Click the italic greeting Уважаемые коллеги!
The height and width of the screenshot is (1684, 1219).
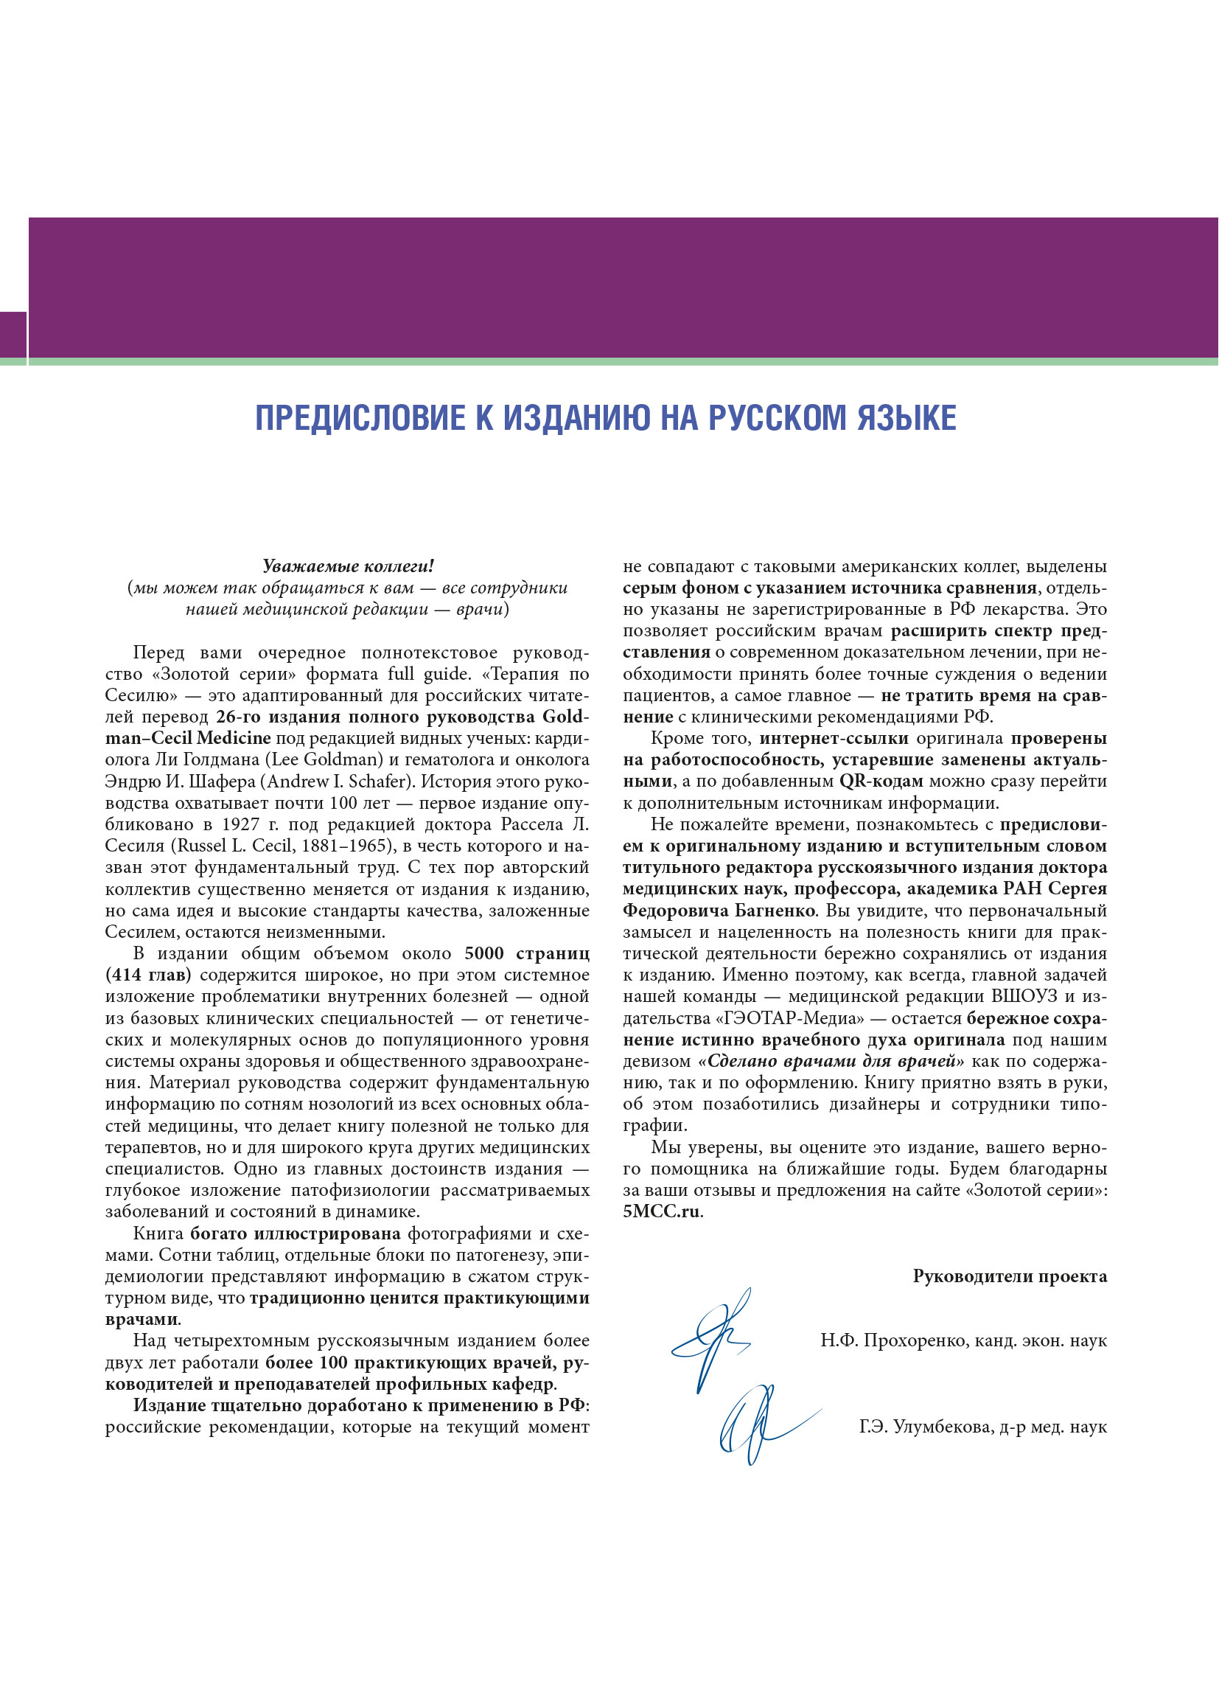(347, 566)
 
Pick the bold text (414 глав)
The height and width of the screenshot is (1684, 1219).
(147, 975)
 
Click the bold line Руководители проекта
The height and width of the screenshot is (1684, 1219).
(1010, 1276)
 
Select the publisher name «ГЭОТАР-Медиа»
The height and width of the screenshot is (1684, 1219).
(795, 1019)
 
